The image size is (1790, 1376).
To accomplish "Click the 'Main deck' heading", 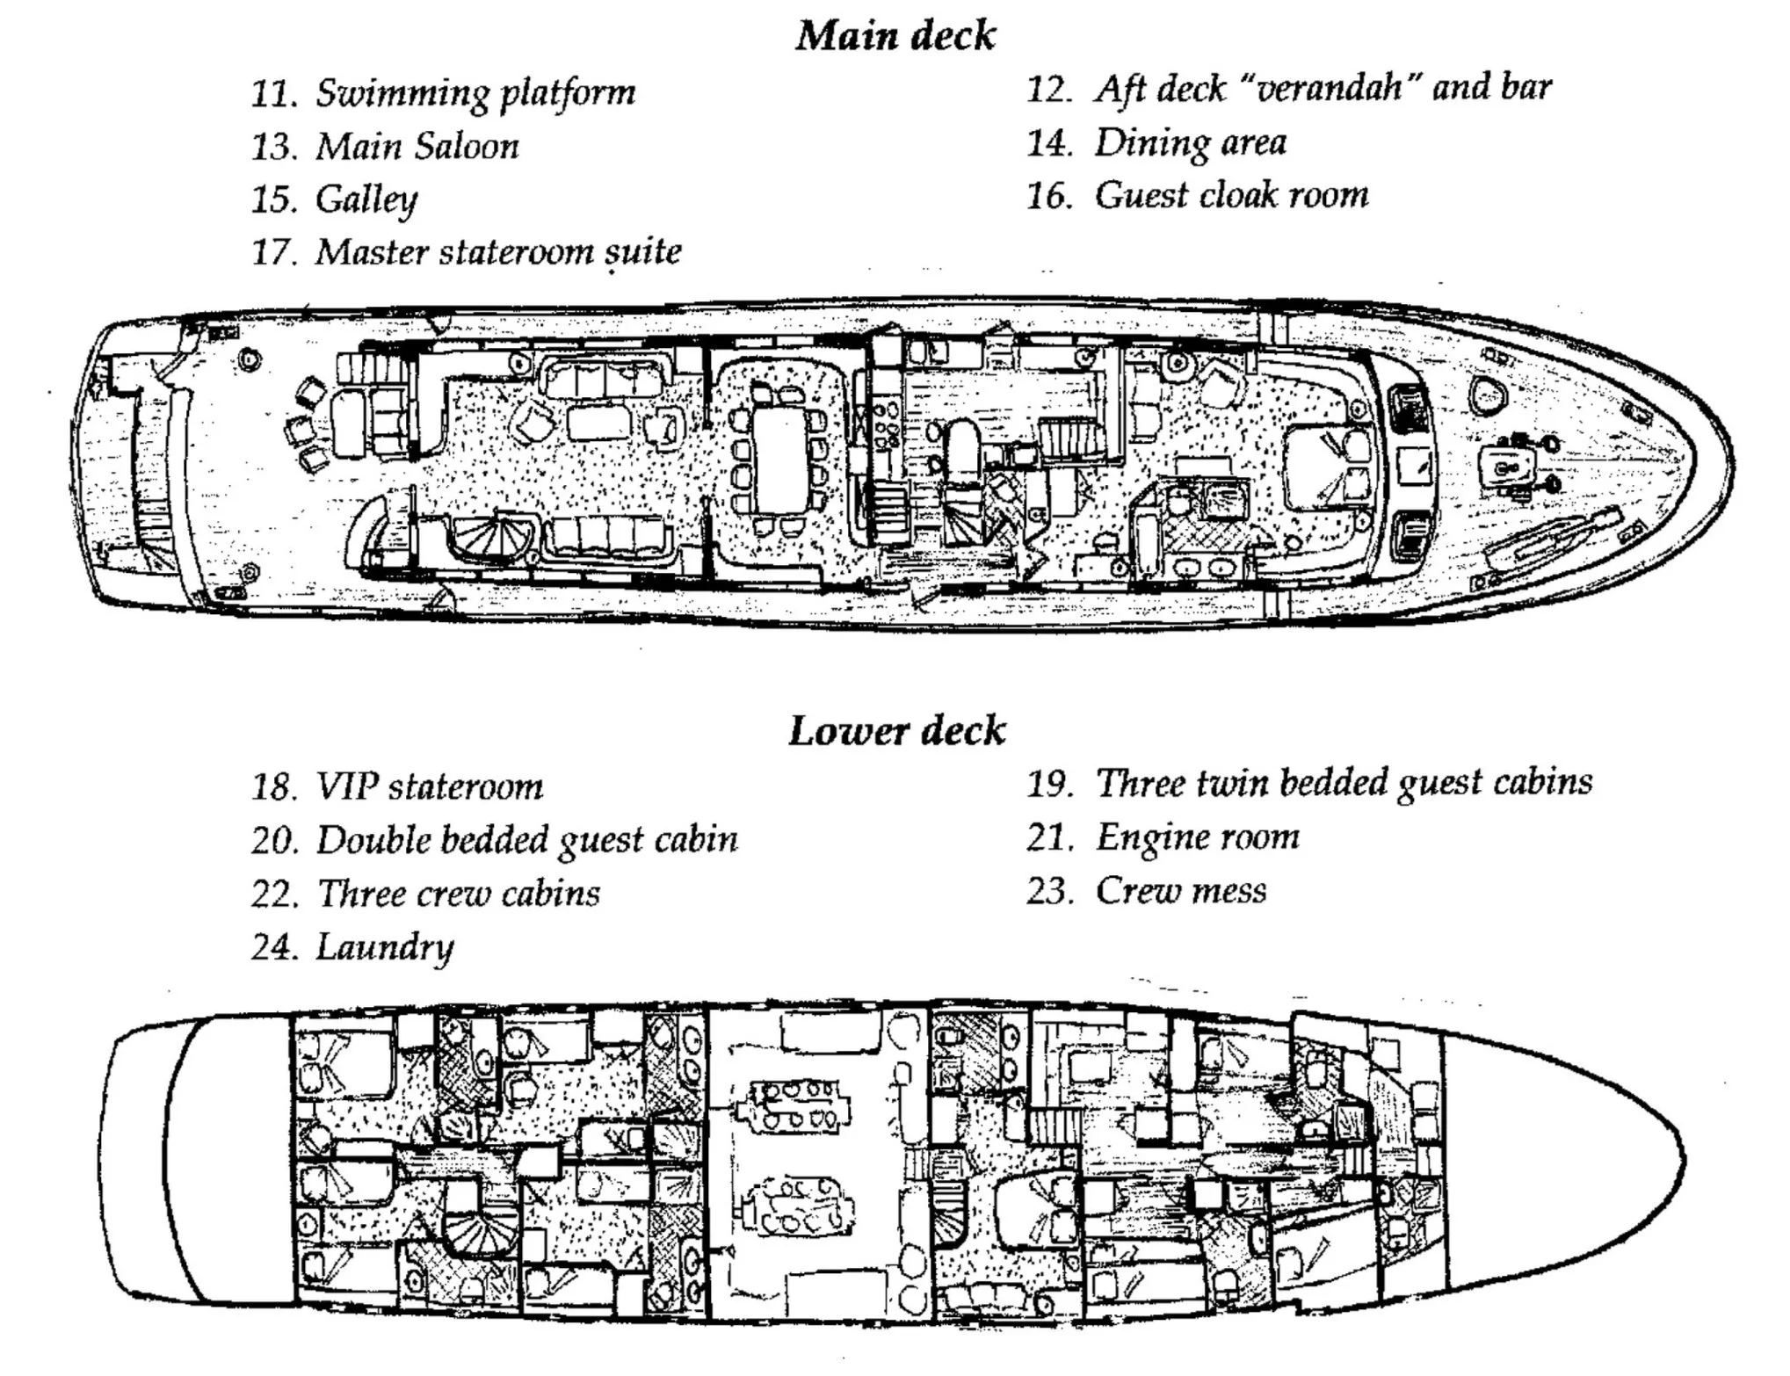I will point(895,36).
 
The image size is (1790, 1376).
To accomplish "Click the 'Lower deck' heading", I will point(895,731).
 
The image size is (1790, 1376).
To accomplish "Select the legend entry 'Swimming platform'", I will point(475,92).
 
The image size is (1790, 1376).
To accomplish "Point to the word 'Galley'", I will point(366,199).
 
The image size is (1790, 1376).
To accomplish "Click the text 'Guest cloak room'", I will point(1230,195).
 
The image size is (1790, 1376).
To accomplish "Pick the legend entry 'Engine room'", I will point(1197,837).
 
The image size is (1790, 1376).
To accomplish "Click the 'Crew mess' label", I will point(1180,891).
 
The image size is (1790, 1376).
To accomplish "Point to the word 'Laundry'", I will point(384,947).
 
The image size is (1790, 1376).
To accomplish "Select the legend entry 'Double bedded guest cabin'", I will point(526,841).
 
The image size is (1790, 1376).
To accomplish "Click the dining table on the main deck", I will point(779,463).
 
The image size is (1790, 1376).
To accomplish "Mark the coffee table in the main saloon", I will point(600,423).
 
